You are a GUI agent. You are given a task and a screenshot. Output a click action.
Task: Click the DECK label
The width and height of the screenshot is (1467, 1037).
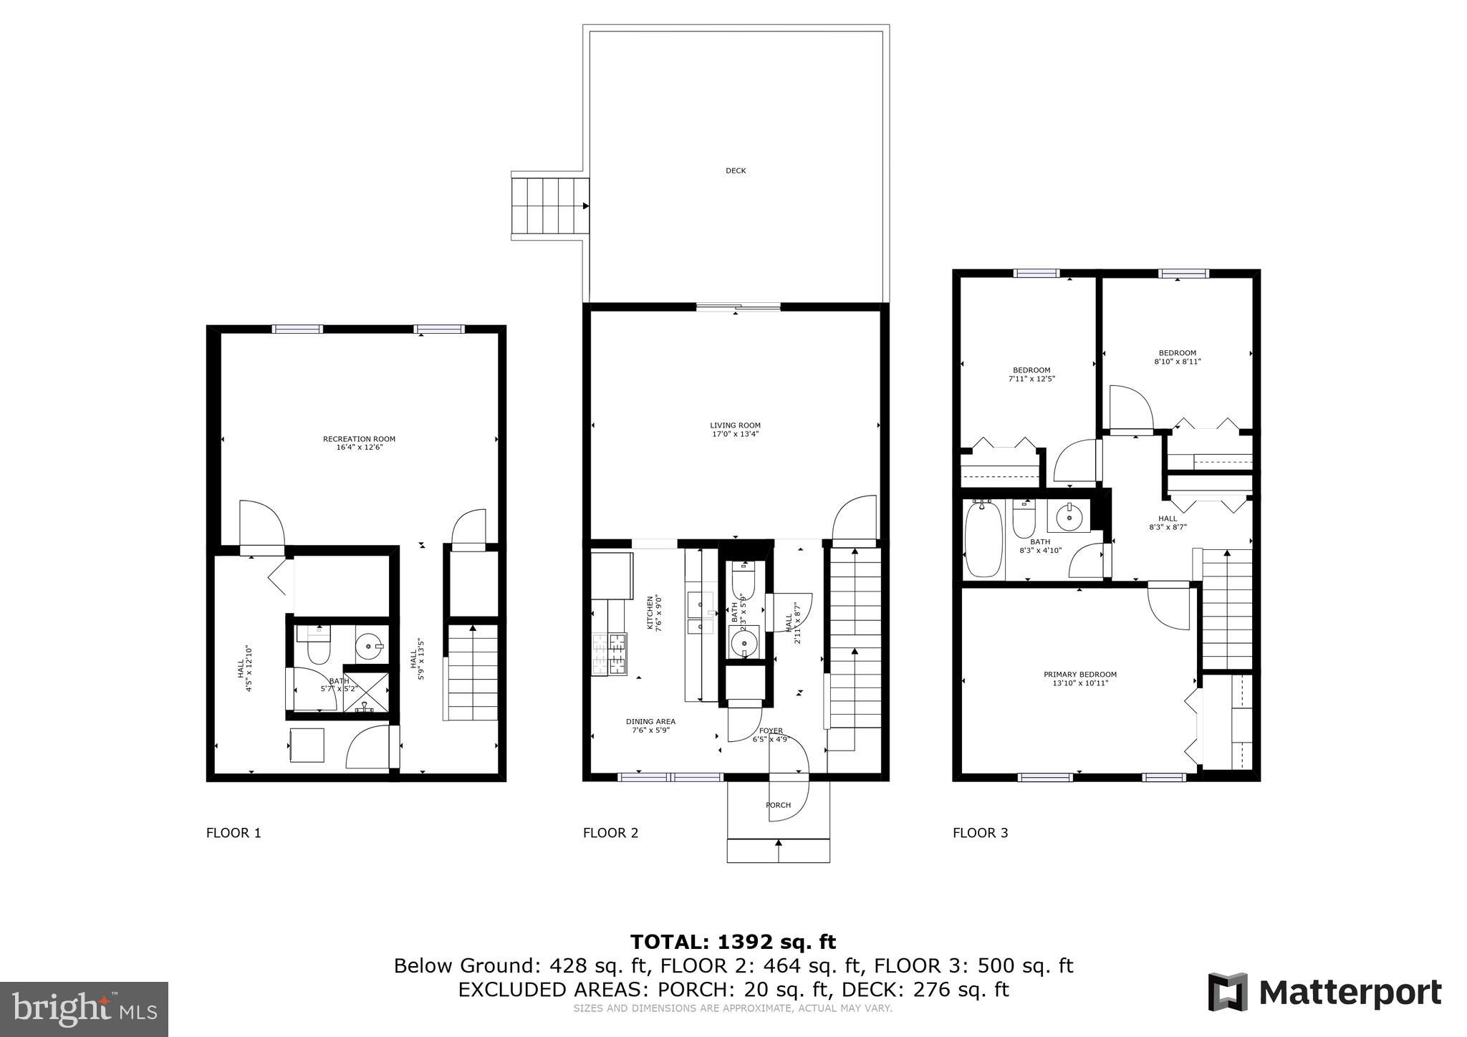736,170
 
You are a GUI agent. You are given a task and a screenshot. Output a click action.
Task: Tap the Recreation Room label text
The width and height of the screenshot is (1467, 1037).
359,443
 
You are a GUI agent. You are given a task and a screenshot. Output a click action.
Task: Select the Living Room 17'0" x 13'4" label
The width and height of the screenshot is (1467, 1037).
735,430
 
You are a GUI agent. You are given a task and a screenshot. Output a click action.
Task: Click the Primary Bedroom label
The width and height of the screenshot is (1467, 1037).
1079,679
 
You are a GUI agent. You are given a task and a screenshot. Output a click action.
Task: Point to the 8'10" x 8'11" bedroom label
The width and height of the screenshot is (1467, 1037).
1177,357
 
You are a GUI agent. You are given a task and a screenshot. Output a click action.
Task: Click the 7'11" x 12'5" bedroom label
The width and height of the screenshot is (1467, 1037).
1031,375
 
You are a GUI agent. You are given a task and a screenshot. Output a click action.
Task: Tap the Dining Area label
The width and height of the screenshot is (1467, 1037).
650,726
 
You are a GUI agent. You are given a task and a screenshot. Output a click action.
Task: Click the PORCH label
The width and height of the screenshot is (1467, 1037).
778,805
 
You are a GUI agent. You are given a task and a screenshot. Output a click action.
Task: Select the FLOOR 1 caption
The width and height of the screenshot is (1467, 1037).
234,833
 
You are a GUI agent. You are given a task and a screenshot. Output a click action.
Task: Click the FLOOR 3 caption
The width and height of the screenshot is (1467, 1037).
980,833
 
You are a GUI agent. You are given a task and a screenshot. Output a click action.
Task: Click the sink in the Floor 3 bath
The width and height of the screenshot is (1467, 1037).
1069,516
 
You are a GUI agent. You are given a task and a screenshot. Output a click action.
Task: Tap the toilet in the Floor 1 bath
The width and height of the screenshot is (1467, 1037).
317,647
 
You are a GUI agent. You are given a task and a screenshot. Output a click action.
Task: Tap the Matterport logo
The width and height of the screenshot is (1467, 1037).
1324,993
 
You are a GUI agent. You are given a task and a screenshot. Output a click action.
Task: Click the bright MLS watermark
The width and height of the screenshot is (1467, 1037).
84,1009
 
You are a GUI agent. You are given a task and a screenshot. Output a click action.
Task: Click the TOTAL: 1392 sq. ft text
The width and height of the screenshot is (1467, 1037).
733,942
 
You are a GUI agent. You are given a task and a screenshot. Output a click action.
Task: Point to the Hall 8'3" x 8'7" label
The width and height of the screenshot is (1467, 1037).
1167,523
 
